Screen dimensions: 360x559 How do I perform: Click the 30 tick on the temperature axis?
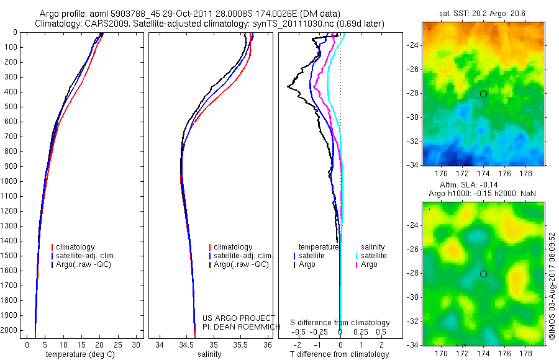coord(137,344)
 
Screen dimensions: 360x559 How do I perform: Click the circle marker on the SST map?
coord(483,94)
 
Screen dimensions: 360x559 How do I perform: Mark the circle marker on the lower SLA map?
coord(483,274)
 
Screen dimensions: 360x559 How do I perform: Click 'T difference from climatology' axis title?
coord(340,354)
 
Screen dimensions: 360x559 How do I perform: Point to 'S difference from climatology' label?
coord(340,323)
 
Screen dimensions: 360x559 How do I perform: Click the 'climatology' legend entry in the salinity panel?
coord(232,247)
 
